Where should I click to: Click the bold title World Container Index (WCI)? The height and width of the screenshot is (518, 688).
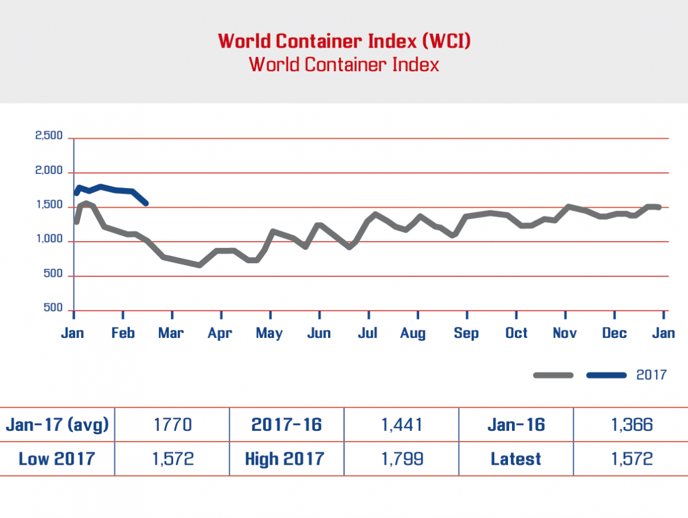coord(344,41)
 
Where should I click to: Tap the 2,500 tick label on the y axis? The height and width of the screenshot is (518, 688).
coord(49,136)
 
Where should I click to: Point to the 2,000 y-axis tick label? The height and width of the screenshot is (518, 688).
coord(49,171)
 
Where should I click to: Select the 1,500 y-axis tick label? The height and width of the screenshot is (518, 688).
coord(49,205)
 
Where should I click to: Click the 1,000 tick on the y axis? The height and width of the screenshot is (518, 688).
coord(49,240)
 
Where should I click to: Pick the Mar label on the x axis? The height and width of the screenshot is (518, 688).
coord(171,333)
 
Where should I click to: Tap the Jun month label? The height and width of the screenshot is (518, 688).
coord(319,333)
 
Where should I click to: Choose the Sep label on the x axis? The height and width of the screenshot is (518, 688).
coord(466,333)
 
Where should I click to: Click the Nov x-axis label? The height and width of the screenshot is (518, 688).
coord(565,333)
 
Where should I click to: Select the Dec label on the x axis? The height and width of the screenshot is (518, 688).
coord(614,333)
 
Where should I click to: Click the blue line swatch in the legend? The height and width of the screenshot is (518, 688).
coord(607,375)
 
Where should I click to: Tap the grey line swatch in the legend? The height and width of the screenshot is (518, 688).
coord(553,375)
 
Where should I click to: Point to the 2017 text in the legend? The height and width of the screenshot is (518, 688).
coord(652,375)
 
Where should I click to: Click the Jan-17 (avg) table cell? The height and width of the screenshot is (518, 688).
coord(57,425)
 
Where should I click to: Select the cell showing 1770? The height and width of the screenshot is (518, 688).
coord(172,425)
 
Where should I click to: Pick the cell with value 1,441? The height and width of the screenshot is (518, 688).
coord(401,425)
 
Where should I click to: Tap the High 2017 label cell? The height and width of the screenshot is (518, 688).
coord(284,459)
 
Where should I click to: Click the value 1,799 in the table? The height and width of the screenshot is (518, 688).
coord(401,459)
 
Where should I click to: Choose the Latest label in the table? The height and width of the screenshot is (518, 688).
coord(516,459)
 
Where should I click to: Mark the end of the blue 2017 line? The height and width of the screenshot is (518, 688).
coord(146,203)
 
